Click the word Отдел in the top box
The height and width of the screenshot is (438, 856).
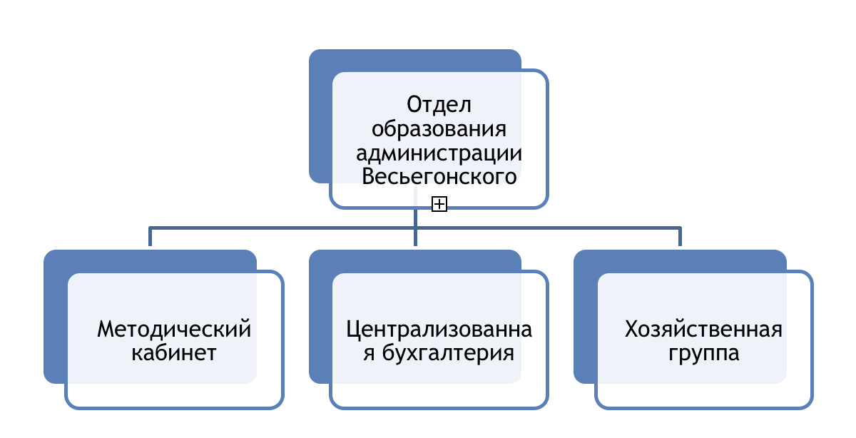click(439, 105)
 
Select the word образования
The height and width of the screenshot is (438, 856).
click(439, 129)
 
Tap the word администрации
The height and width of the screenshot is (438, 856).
click(439, 153)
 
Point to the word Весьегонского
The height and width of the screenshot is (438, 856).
click(439, 176)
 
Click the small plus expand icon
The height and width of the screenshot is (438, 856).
click(439, 204)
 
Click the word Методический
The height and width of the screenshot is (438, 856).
click(174, 329)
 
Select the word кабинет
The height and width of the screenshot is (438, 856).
click(174, 352)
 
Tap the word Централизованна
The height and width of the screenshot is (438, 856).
click(439, 330)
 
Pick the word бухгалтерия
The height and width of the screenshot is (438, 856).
click(448, 353)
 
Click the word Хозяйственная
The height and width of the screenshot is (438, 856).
click(703, 329)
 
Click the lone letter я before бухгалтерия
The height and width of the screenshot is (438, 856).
click(368, 354)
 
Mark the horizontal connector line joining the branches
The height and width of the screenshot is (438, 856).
click(415, 228)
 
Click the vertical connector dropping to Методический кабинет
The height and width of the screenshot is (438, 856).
click(151, 237)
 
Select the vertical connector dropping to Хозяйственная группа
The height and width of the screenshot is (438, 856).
click(680, 237)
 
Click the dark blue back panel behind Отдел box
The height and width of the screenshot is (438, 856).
click(320, 115)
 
